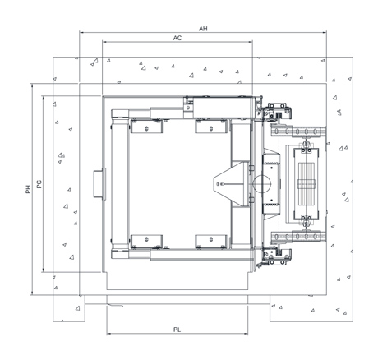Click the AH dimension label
(x=203, y=29)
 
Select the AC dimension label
(x=177, y=38)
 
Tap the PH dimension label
(x=28, y=189)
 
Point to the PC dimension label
(x=39, y=184)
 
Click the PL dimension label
(x=177, y=330)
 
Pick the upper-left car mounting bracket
(x=146, y=127)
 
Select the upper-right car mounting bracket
(x=211, y=127)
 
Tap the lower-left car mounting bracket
(x=146, y=242)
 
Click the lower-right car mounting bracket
(x=211, y=242)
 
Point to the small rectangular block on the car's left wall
(x=98, y=184)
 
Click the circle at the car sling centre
(x=261, y=184)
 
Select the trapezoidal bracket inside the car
(x=231, y=184)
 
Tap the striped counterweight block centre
(x=307, y=184)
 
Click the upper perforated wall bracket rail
(x=298, y=132)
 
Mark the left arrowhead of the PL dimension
(x=108, y=334)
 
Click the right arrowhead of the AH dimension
(x=325, y=33)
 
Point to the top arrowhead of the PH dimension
(x=32, y=85)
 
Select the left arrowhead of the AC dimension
(x=104, y=42)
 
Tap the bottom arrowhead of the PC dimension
(x=43, y=270)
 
